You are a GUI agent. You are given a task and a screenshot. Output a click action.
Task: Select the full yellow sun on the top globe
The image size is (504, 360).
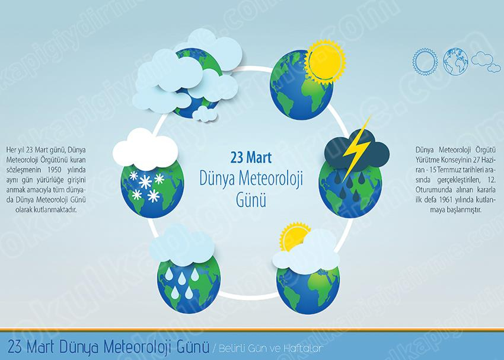point(325,60)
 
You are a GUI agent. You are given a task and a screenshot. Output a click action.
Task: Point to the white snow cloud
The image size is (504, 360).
point(145,149)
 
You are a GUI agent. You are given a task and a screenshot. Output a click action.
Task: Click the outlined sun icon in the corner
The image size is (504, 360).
point(425,62)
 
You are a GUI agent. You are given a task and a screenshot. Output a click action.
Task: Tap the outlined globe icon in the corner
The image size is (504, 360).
point(455,62)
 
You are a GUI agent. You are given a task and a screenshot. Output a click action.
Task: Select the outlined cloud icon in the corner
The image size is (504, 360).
point(486,62)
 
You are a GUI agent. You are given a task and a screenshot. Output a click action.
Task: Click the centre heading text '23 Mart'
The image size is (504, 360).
point(251,158)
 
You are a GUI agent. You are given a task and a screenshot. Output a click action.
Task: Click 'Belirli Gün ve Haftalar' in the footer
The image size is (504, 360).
point(271,348)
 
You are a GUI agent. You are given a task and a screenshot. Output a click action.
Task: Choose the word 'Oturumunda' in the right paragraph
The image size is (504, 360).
point(431,190)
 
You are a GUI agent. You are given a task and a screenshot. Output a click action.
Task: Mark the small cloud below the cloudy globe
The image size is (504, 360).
point(204,114)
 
